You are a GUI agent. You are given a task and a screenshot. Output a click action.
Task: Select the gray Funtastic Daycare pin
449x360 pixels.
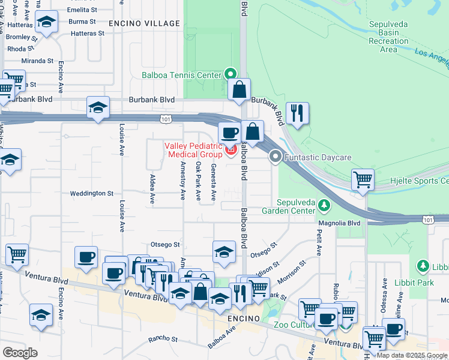point(276,157)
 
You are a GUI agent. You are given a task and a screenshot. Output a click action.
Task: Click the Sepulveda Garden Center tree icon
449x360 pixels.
point(324,206)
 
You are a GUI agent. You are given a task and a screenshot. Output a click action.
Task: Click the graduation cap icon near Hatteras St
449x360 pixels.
point(46,23)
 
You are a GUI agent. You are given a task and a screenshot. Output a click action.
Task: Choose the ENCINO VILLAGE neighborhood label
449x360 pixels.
point(144,23)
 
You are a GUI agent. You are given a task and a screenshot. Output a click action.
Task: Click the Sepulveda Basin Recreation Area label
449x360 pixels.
point(389,37)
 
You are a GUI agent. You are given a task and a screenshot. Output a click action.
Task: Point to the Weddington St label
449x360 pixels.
point(91,193)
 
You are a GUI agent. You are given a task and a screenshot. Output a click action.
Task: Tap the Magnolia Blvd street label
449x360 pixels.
point(339,223)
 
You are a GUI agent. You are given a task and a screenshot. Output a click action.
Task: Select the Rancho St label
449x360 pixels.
point(160,338)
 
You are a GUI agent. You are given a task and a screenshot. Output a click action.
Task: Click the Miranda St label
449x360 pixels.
point(37,61)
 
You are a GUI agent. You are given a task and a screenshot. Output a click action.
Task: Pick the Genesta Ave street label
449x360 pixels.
point(213,182)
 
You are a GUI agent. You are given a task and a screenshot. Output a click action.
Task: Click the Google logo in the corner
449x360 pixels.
point(20,352)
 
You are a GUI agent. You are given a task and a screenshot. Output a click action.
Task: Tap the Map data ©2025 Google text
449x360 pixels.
point(411,355)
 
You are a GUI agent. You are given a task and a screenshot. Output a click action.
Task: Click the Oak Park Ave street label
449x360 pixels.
point(198,182)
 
